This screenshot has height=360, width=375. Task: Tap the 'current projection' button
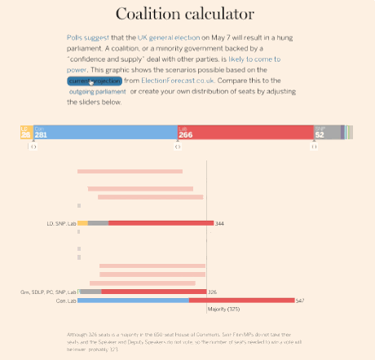tap(95, 81)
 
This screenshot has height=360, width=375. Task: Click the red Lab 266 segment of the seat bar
tap(245, 132)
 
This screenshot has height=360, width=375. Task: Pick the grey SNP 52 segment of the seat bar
tap(326, 132)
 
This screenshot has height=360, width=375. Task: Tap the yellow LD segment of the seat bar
tap(25, 132)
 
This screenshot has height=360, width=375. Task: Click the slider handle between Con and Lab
tap(177, 145)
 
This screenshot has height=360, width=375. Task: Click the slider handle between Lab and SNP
tap(314, 145)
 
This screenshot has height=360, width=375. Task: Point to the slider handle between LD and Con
tap(33, 145)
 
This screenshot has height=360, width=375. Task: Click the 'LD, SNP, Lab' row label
tap(62, 222)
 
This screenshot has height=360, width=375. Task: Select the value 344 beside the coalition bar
tap(219, 222)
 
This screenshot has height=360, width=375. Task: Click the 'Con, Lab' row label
tap(65, 301)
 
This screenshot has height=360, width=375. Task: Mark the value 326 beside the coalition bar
tap(213, 291)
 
